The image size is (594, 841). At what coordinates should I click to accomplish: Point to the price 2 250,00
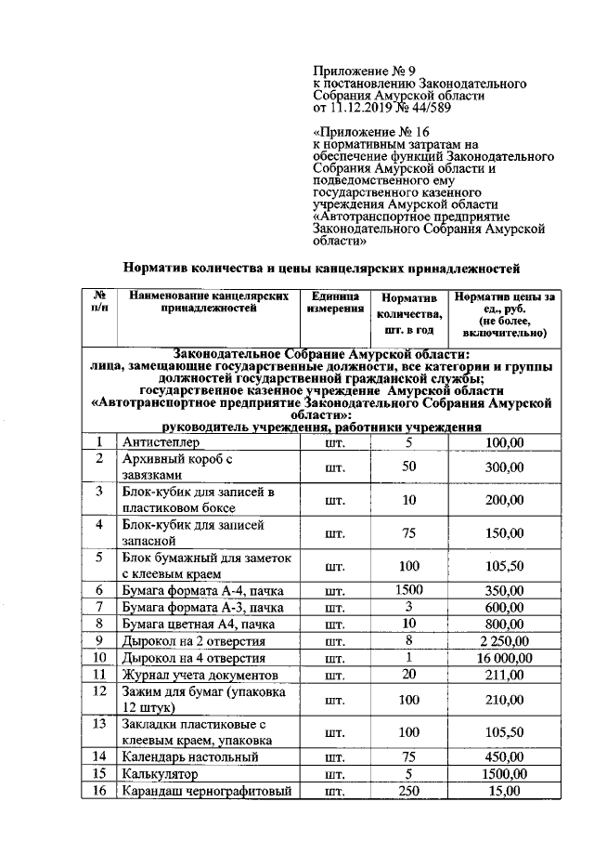pos(506,640)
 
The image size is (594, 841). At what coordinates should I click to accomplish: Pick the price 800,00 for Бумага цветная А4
pos(506,624)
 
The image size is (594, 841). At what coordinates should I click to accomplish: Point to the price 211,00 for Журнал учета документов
pos(506,675)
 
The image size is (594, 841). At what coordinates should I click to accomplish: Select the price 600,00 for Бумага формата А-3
pos(506,606)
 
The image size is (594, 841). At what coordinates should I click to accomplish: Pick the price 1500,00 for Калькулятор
pos(506,773)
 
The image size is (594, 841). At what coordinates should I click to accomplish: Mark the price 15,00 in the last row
pos(506,791)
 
